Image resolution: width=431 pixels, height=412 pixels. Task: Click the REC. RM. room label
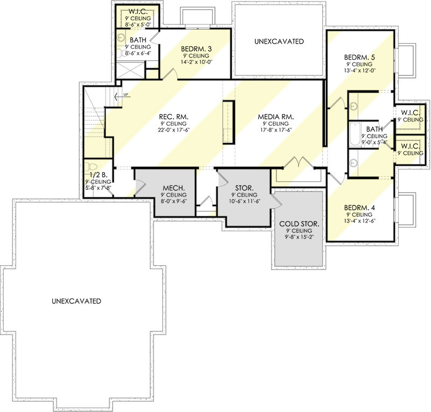(172, 116)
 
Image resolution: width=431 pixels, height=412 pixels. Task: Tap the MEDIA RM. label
(275, 116)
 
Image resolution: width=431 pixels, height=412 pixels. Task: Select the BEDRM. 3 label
(196, 49)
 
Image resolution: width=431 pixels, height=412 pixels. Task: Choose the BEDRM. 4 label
(360, 207)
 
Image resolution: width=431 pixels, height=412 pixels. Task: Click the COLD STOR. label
(298, 224)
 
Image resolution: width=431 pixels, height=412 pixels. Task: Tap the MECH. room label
(174, 188)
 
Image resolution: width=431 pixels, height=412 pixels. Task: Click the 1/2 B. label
(97, 175)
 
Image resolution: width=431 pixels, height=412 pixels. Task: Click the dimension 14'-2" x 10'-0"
(196, 62)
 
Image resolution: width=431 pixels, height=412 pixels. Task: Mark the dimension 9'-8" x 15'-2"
(298, 237)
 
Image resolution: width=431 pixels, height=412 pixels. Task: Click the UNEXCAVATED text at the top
(279, 41)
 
